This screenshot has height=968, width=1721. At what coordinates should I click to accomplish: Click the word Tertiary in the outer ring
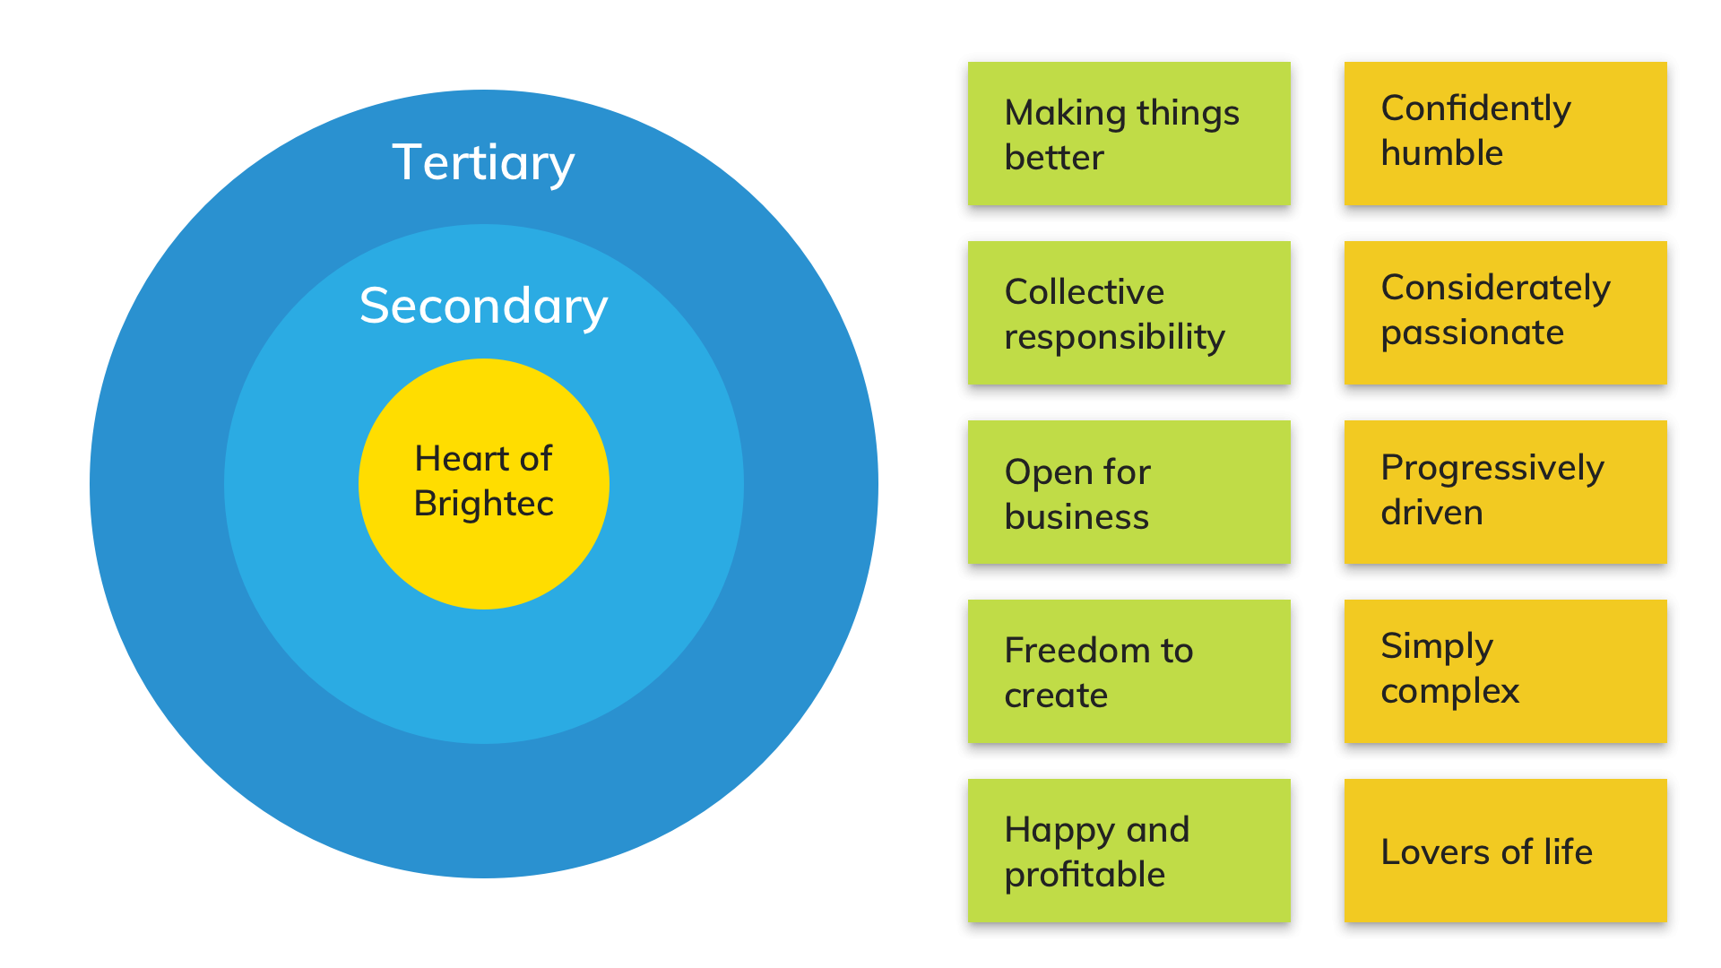coord(483,163)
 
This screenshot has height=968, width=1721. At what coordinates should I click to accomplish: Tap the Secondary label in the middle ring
coord(483,307)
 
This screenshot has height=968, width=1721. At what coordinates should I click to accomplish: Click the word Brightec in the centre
coord(483,504)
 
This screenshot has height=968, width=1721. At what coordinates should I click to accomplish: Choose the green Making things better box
coord(1129,134)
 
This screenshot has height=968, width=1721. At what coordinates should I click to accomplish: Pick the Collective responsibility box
coord(1129,313)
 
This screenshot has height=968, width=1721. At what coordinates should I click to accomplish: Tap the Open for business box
coord(1129,492)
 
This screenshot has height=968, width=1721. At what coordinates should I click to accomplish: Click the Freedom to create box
coord(1129,671)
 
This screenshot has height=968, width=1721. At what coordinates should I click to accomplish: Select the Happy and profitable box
coord(1129,851)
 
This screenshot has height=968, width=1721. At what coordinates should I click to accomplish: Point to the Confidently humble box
coord(1505,134)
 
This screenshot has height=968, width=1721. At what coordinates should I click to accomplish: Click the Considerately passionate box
coord(1505,313)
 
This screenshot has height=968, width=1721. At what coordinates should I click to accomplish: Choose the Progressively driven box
coord(1505,492)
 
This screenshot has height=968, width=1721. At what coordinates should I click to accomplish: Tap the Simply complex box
coord(1505,671)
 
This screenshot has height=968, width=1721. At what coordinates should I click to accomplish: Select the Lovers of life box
coord(1505,851)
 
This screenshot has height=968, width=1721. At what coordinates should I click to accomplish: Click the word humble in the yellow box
coord(1441,153)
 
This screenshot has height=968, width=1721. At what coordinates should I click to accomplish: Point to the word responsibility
coord(1114,338)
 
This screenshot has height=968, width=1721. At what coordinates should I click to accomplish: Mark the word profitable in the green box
coord(1085,875)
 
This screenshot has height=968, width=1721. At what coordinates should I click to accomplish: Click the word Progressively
coord(1492,469)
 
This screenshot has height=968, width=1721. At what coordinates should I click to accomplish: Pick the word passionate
coord(1472,333)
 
